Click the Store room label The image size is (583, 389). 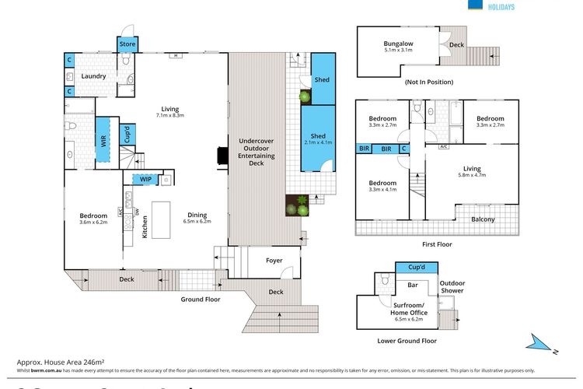[127, 44]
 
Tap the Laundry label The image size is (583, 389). [92, 76]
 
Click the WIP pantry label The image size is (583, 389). [145, 180]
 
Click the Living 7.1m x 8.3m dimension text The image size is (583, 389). [169, 117]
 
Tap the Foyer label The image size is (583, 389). [274, 260]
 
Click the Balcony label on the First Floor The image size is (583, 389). [483, 219]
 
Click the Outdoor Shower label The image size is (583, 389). [452, 286]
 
